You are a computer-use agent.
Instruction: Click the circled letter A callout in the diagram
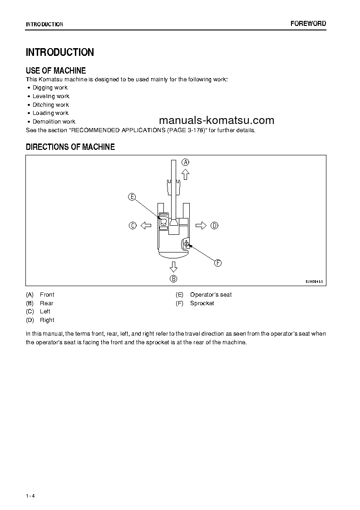pos(185,162)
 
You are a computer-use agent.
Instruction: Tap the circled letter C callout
pos(133,225)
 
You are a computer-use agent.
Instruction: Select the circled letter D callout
pos(214,225)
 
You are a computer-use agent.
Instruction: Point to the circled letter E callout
pos(132,197)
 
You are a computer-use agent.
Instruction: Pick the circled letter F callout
pos(217,263)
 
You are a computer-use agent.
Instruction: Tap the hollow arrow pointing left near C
pos(145,225)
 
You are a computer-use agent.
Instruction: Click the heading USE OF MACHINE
pos(56,70)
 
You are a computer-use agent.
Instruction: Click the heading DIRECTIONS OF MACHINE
pos(70,147)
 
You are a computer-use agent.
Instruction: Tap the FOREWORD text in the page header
pos(308,24)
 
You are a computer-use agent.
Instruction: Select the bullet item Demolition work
pos(54,122)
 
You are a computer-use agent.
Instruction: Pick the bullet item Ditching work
pos(50,104)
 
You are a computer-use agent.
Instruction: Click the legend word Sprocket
pos(202,303)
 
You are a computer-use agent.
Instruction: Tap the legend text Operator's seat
pos(211,295)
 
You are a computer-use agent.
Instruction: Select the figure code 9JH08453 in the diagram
pos(314,282)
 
